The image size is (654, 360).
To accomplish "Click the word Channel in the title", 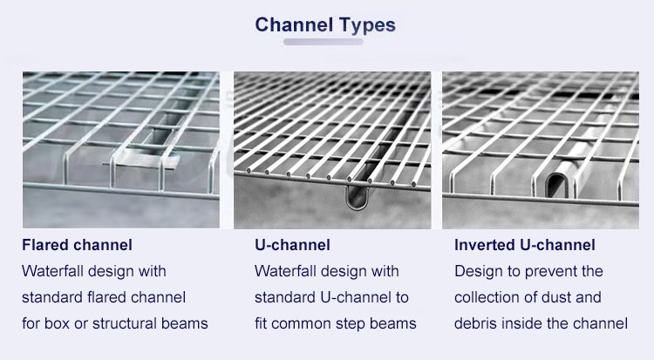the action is (x=294, y=24).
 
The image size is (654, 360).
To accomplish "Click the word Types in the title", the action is (x=367, y=26).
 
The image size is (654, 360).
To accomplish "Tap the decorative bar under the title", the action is (x=324, y=42).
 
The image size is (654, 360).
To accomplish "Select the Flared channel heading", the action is (x=77, y=245).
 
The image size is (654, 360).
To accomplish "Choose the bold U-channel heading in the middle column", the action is (x=292, y=245).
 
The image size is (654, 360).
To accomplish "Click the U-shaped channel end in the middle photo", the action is (x=358, y=197).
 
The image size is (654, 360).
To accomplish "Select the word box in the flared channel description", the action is (x=57, y=323).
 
